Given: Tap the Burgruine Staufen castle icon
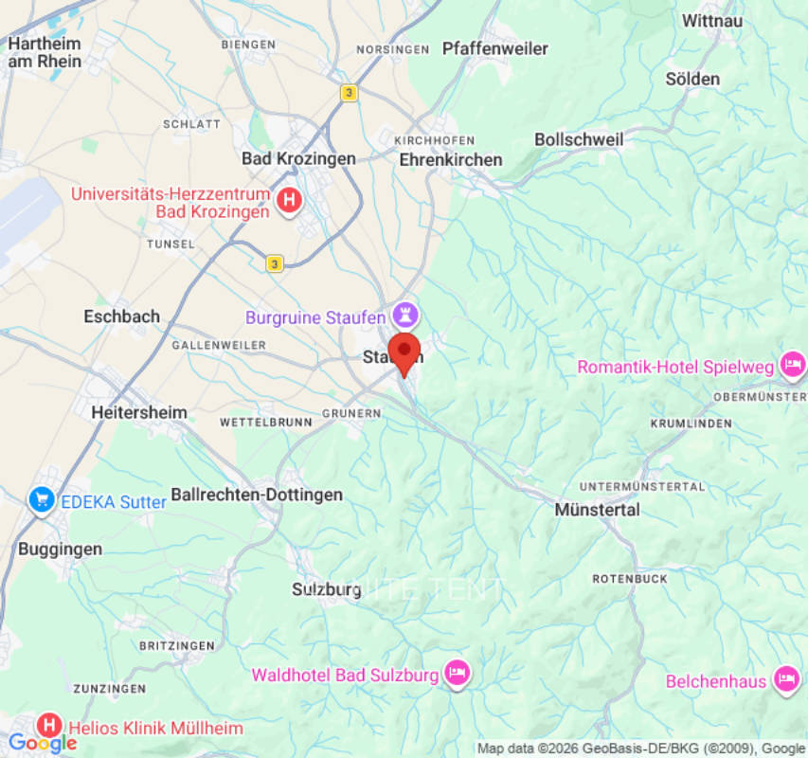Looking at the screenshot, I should tap(407, 314).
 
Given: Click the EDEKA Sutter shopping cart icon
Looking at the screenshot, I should tap(42, 498).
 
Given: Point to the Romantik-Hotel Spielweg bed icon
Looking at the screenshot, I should tap(792, 364).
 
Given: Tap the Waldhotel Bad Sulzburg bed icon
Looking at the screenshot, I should tap(458, 673).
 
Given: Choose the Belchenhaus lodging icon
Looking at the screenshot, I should tap(785, 678).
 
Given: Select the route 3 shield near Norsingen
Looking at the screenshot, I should tap(350, 92).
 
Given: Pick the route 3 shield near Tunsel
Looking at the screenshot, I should tap(275, 263).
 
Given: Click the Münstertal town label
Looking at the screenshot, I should tap(597, 510).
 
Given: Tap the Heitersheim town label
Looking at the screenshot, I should tap(139, 412).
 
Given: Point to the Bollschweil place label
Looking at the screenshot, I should tap(579, 139).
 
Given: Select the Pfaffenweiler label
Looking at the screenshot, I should tap(495, 48).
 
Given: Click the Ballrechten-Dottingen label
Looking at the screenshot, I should tap(257, 495).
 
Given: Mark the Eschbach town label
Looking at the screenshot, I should tap(121, 316).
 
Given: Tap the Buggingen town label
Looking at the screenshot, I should tap(60, 549).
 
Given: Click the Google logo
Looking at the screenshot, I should tap(42, 743).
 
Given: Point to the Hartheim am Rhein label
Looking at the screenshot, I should tap(45, 52).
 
